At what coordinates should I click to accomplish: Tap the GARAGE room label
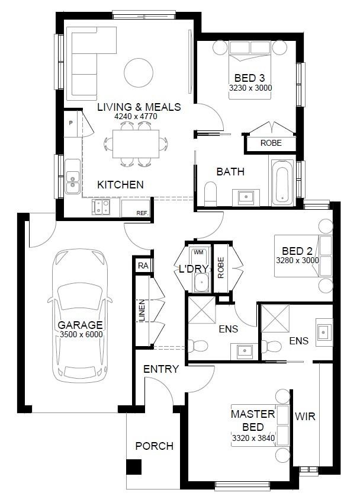coord(80,325)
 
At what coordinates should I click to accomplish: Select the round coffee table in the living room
coord(139,72)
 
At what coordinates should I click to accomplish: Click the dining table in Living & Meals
coord(136,144)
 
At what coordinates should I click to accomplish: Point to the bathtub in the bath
coord(282,183)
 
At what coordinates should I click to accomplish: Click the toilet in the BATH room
coord(210,194)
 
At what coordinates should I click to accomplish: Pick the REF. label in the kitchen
coord(142,213)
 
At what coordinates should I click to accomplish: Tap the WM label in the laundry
coord(198,252)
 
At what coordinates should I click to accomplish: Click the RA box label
coord(143,266)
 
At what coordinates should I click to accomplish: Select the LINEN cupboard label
coord(142,311)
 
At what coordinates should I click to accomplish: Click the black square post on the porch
coord(134,467)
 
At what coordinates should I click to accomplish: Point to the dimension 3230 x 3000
coord(250,88)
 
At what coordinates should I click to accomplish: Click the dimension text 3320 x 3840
coord(253,438)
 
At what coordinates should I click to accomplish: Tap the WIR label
coord(305,416)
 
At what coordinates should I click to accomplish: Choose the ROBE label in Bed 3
coord(271,143)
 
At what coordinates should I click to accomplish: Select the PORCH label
coord(154,446)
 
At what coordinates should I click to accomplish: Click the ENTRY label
coord(161,369)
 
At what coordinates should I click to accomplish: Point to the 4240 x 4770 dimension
coord(136,117)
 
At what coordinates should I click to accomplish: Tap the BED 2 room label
coord(297,251)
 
